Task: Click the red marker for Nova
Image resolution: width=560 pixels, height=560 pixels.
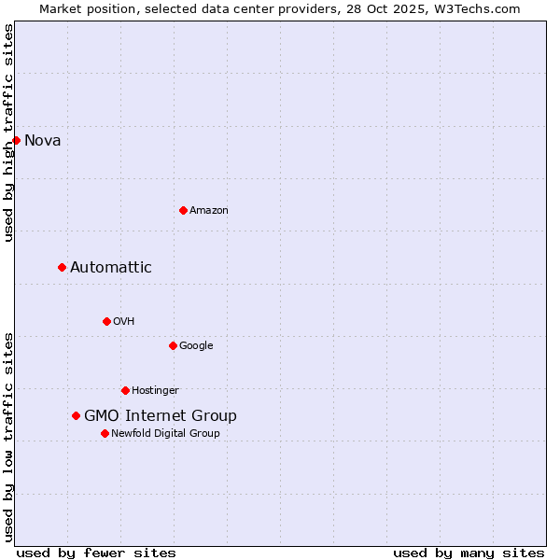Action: click(16, 140)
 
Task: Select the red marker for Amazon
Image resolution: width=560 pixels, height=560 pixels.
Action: click(183, 210)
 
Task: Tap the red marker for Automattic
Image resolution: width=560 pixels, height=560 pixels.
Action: click(62, 267)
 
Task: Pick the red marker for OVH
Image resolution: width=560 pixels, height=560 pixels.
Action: click(106, 321)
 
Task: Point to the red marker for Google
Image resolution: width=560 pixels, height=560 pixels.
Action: click(173, 345)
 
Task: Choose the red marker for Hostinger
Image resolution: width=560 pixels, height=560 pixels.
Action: click(125, 390)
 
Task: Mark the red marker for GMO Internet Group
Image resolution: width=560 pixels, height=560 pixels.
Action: click(76, 415)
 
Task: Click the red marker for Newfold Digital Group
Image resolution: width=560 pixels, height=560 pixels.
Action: click(105, 433)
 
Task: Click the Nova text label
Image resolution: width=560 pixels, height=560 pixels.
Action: click(43, 141)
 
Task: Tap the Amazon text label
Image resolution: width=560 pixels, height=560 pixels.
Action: click(209, 211)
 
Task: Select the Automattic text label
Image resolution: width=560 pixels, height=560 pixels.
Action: click(111, 268)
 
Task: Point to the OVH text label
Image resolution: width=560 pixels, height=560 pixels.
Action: click(124, 322)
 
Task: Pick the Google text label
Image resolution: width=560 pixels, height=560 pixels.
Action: click(196, 346)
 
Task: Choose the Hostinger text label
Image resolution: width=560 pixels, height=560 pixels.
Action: click(155, 391)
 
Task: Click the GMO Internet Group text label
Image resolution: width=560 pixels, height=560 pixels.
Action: click(161, 416)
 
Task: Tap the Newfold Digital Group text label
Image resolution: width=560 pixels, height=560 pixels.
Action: click(165, 434)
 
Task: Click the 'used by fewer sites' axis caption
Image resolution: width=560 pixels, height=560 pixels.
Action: click(96, 553)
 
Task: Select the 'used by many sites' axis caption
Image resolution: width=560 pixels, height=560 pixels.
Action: click(469, 553)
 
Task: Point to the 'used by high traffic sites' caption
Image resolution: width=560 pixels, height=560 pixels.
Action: click(9, 133)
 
